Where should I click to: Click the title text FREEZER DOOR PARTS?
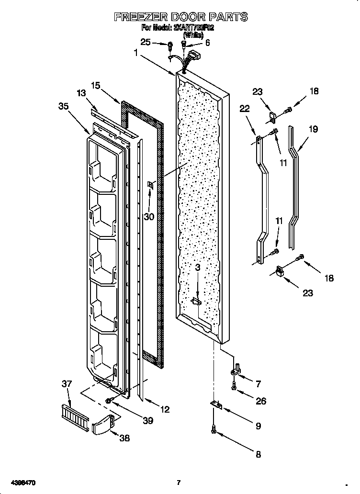(180, 17)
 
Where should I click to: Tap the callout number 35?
(63, 107)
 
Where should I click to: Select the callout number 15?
(95, 86)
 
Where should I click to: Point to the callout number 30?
(149, 216)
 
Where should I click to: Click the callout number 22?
(244, 109)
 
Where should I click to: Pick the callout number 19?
(313, 129)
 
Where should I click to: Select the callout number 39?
(148, 421)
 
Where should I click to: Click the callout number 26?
(260, 401)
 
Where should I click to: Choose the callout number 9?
(258, 426)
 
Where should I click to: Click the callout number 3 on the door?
(198, 268)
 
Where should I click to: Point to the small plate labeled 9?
(216, 405)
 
